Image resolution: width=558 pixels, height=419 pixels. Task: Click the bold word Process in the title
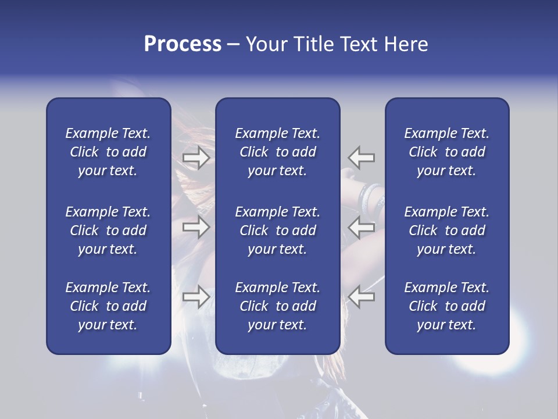click(x=183, y=44)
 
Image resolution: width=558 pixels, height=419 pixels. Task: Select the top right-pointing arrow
click(x=196, y=157)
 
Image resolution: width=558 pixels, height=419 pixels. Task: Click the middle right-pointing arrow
click(x=196, y=228)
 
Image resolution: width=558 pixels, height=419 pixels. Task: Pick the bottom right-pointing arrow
click(x=196, y=297)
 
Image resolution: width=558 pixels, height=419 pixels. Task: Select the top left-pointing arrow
click(x=361, y=157)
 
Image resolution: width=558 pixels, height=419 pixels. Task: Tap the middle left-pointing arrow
click(x=361, y=228)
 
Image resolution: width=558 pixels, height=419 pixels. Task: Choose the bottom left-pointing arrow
click(x=361, y=297)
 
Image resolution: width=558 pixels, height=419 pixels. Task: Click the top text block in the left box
click(x=108, y=152)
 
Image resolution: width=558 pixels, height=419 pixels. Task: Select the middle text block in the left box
click(x=108, y=230)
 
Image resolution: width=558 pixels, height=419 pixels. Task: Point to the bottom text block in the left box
click(x=108, y=306)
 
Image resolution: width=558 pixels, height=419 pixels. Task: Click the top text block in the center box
click(x=278, y=152)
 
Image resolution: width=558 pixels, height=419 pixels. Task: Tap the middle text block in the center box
click(x=278, y=230)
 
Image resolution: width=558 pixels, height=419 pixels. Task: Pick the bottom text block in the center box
click(x=278, y=306)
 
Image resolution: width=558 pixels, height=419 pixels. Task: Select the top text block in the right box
click(x=447, y=152)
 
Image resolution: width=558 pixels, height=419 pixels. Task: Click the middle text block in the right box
click(x=447, y=230)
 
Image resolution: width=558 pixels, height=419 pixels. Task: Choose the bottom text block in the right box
click(x=447, y=306)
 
